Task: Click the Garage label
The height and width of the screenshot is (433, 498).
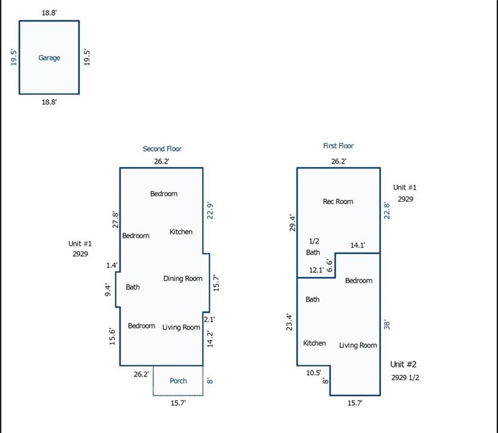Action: (49, 58)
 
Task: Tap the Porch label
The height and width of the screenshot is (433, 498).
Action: (178, 381)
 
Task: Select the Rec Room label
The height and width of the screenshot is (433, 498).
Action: (338, 201)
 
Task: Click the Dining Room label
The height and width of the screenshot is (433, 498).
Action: (183, 279)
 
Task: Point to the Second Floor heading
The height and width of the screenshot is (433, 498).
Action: (162, 149)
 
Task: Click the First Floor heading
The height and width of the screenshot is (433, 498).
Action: (338, 145)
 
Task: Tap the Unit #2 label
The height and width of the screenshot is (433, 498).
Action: (403, 364)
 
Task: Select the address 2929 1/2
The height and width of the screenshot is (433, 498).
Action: (405, 377)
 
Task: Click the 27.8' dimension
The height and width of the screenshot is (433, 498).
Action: (115, 220)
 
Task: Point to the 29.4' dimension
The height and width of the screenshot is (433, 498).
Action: (293, 223)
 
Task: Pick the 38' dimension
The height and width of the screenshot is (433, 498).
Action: (386, 325)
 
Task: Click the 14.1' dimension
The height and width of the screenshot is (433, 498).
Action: (358, 245)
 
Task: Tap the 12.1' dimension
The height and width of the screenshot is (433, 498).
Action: (316, 270)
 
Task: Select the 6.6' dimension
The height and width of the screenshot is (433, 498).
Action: (330, 266)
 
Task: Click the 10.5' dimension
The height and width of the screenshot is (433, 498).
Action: (314, 373)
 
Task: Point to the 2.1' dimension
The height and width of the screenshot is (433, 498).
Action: (209, 319)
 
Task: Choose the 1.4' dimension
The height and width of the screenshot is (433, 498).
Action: (112, 266)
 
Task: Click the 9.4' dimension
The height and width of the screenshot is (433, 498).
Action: (108, 290)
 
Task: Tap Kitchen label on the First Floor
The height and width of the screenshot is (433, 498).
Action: (315, 343)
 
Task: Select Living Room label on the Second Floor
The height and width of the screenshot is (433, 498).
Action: (181, 328)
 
